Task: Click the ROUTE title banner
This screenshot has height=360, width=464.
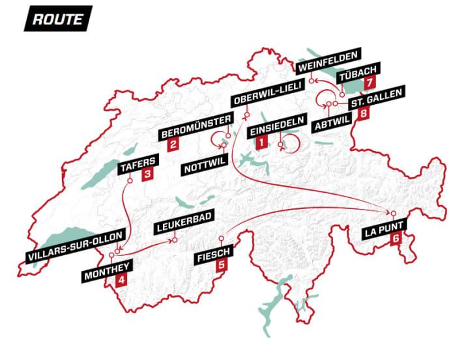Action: click(57, 19)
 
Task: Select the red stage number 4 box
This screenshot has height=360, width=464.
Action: click(121, 281)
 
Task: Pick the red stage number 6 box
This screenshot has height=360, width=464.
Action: click(395, 239)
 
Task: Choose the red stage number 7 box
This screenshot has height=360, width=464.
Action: click(370, 83)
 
